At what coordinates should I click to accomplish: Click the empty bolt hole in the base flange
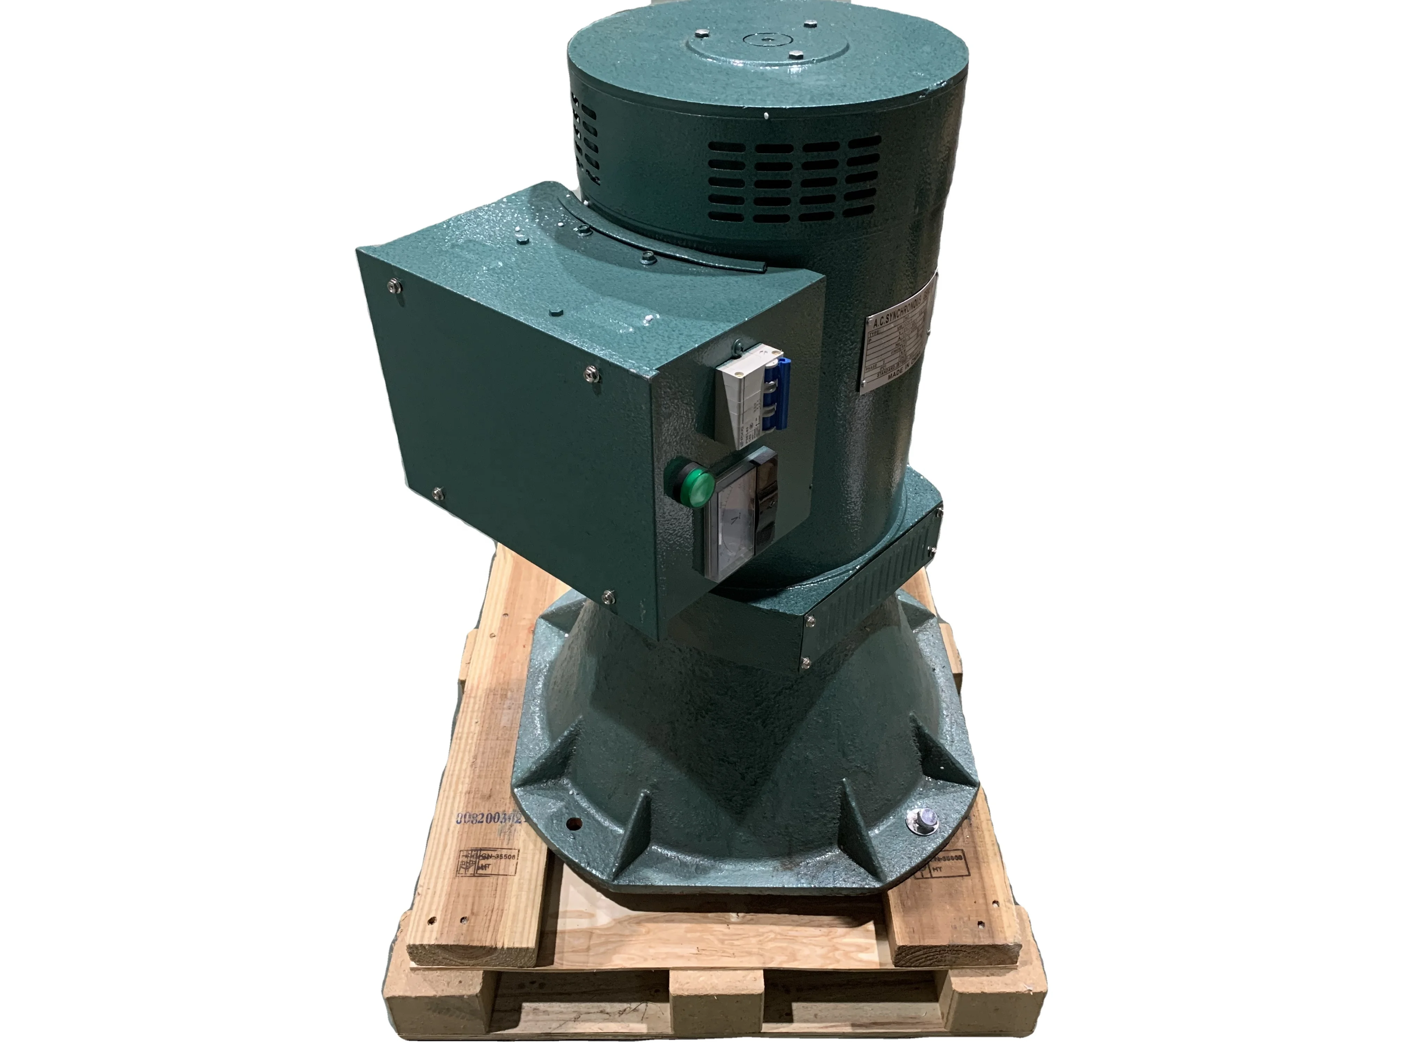pyautogui.click(x=575, y=824)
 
